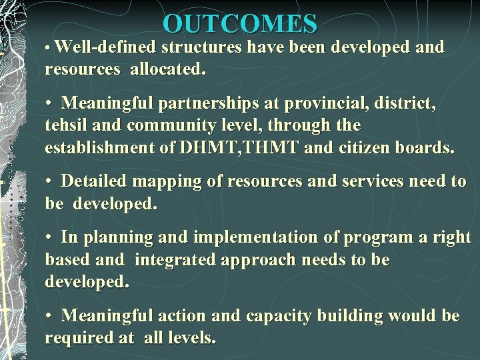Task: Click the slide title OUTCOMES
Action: tap(240, 24)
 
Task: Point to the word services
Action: tap(353, 182)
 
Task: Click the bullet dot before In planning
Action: tap(49, 238)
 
